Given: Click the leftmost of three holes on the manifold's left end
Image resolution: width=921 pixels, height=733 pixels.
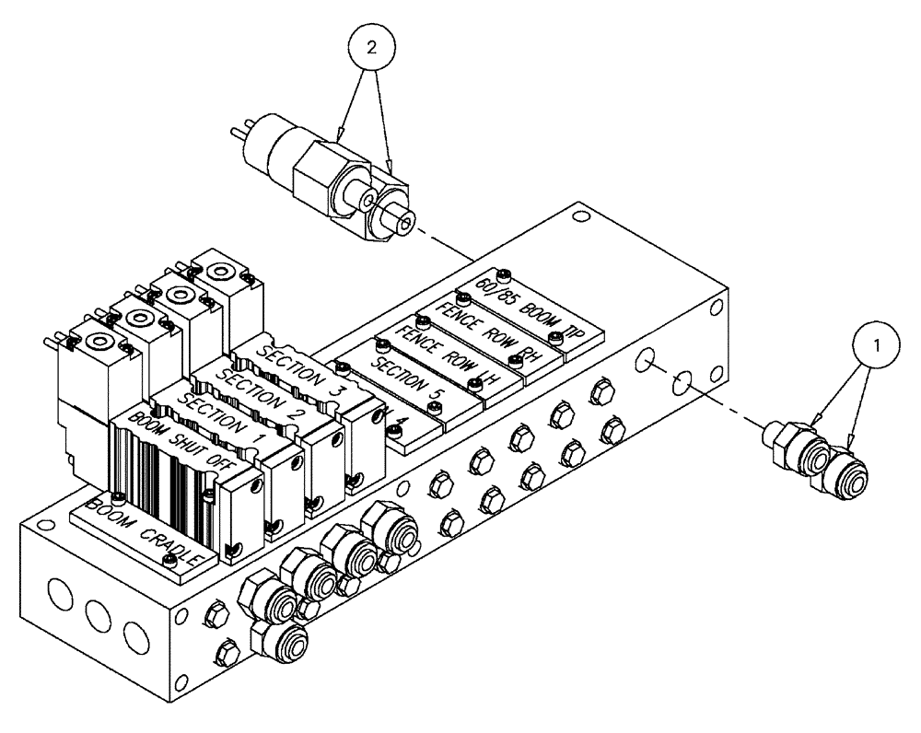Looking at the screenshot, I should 57,596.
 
